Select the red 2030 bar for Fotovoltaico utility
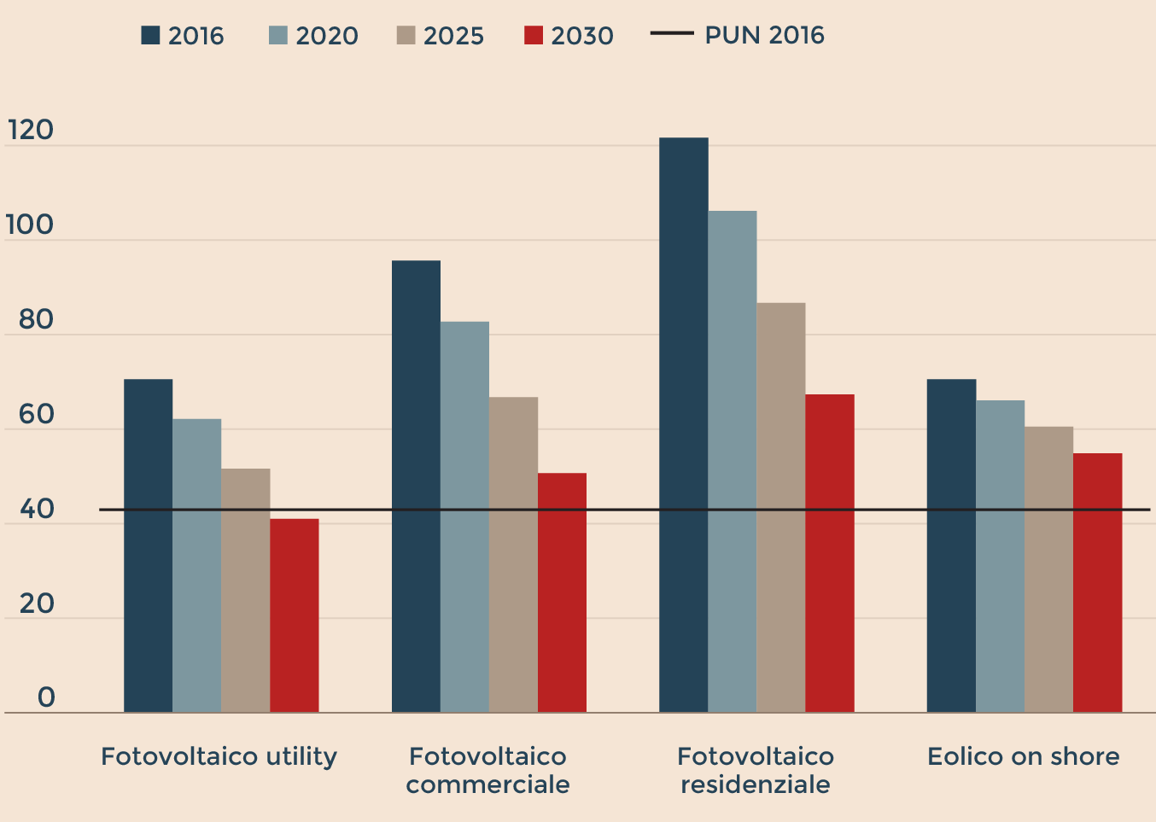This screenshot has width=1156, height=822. [x=295, y=615]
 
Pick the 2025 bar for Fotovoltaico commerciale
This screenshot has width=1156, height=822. [x=513, y=554]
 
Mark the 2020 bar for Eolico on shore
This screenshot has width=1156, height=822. [x=1000, y=556]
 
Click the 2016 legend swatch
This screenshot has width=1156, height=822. [x=151, y=35]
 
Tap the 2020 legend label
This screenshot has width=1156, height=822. [x=327, y=36]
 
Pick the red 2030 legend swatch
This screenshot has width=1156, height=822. [x=534, y=35]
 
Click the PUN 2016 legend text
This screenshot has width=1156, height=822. [x=764, y=35]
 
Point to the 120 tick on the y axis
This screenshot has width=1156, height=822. [x=31, y=131]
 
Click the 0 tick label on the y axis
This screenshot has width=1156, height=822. [x=46, y=697]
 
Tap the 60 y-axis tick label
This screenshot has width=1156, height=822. [x=36, y=415]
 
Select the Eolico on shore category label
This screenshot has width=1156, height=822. [x=1023, y=756]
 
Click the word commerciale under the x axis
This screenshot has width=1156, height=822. [x=488, y=784]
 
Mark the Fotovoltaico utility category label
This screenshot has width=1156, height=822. [x=219, y=756]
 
